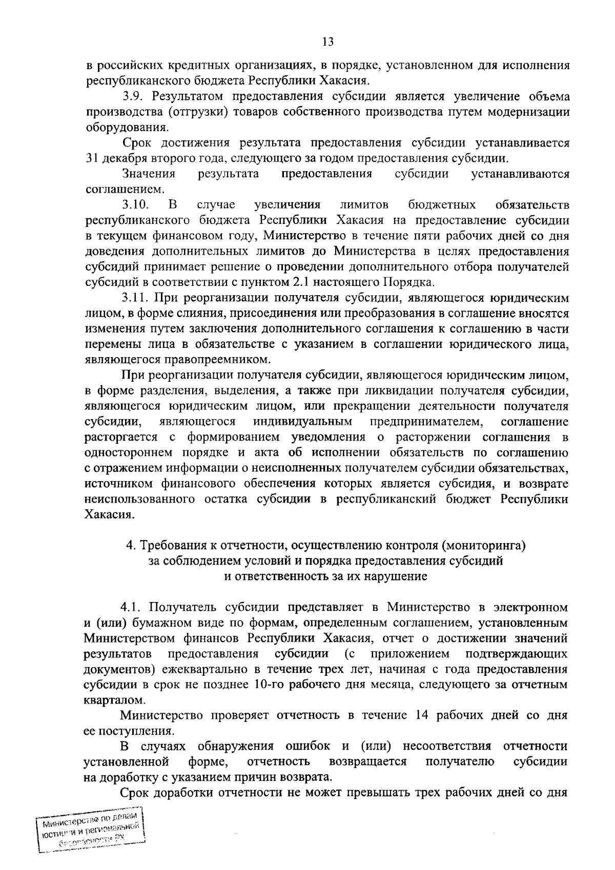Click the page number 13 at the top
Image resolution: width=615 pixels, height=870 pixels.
329,42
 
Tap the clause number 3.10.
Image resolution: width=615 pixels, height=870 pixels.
135,205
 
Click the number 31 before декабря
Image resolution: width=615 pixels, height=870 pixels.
91,158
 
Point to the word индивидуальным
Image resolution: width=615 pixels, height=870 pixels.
302,422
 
